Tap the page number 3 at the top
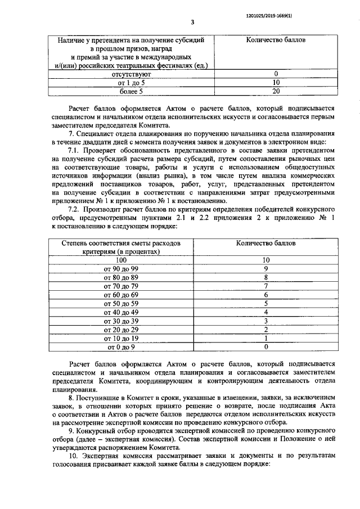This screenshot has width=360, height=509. (192, 22)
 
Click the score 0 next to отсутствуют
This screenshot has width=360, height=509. (276, 73)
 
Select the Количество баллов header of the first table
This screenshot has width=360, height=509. (276, 41)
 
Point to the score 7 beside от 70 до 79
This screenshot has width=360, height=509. (267, 286)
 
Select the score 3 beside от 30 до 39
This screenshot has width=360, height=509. (267, 321)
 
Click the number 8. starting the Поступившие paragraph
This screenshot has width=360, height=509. (70, 397)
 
